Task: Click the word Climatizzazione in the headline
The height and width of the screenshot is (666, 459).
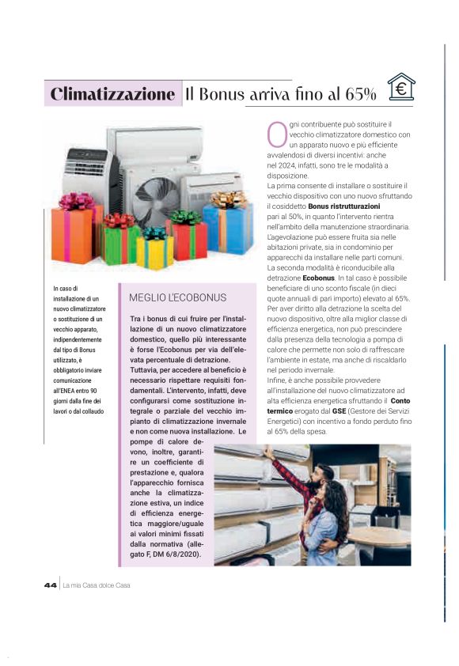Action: (x=112, y=94)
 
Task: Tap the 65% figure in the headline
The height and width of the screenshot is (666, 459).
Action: (x=360, y=95)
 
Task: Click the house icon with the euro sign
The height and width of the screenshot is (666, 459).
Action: (x=401, y=88)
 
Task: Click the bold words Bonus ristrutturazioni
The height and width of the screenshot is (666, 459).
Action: (x=344, y=206)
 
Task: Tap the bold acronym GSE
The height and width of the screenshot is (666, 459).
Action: (x=339, y=411)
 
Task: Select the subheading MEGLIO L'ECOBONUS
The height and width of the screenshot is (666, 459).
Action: (x=177, y=297)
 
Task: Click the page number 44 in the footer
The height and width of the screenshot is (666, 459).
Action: (x=51, y=585)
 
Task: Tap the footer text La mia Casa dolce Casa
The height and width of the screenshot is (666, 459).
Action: (x=96, y=585)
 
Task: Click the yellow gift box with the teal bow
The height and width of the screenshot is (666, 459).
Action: (x=154, y=250)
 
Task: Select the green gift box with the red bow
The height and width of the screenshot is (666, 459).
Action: (x=120, y=240)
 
